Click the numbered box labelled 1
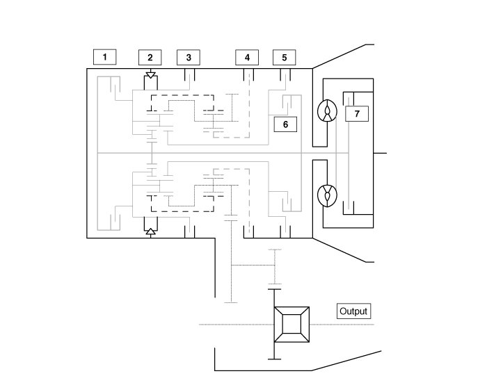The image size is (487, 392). tap(104, 57)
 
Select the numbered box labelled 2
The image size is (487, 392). tap(150, 57)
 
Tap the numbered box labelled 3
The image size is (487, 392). tap(189, 57)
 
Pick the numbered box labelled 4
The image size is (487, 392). tap(246, 57)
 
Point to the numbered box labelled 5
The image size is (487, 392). tap(284, 57)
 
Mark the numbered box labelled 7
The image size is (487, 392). tap(357, 113)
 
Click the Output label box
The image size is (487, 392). tap(353, 311)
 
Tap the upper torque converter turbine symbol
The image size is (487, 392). tap(326, 111)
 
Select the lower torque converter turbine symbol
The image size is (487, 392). tap(326, 195)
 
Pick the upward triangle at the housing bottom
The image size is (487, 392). tap(150, 233)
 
